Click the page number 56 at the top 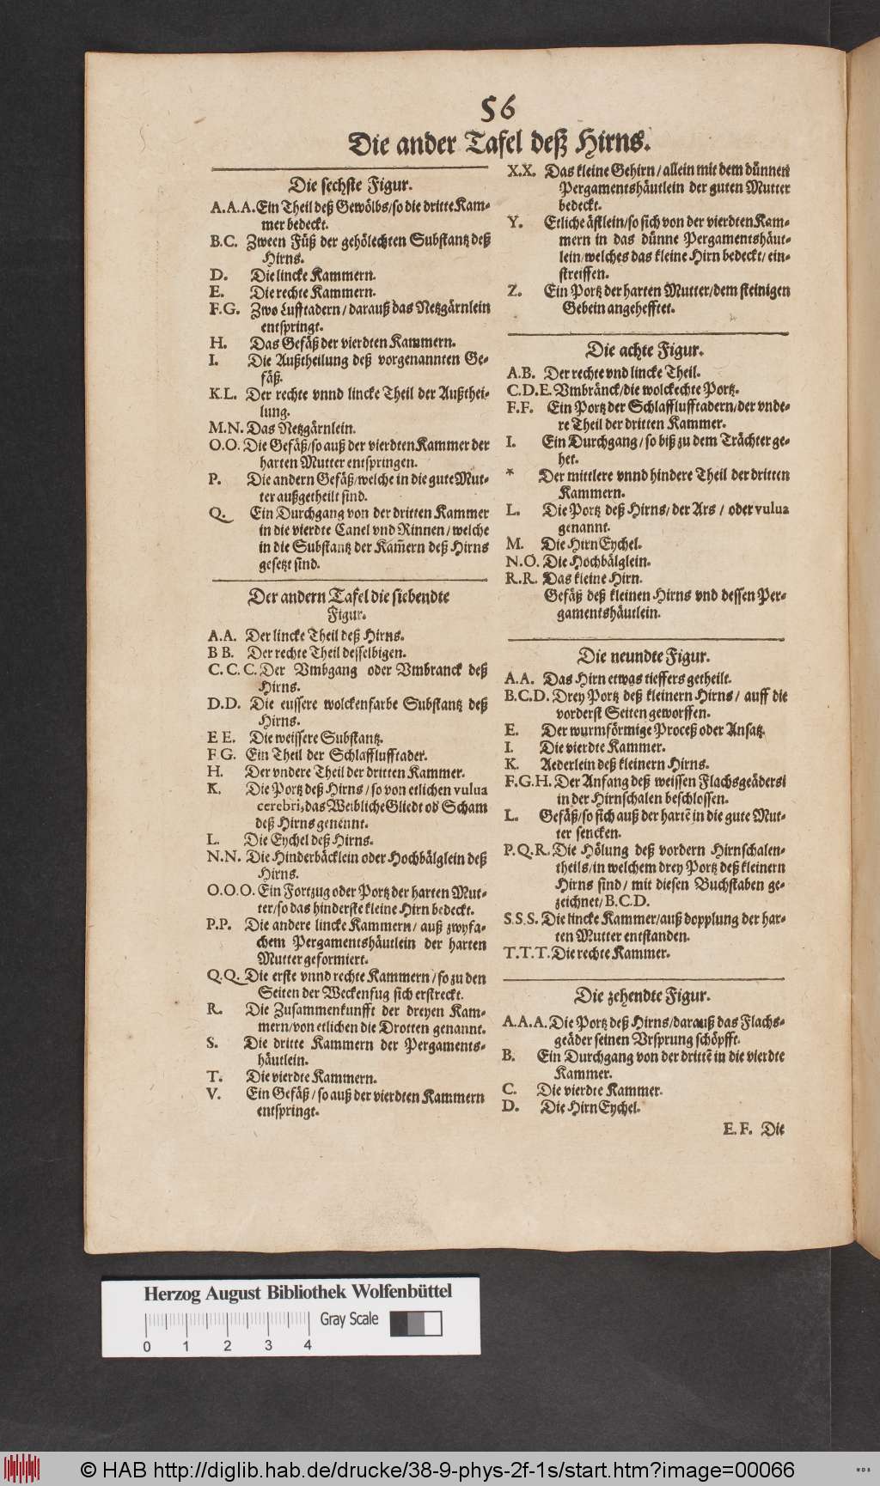498,109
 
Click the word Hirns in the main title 612,142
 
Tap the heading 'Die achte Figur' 645,350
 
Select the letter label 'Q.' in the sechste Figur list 218,514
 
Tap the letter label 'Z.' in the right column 514,291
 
